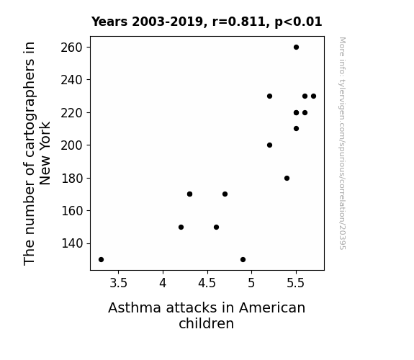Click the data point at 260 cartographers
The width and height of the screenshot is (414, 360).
pos(296,48)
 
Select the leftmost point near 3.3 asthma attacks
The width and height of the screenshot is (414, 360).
pos(101,260)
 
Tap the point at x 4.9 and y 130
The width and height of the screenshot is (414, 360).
pos(243,260)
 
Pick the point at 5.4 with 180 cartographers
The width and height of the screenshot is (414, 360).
pos(287,179)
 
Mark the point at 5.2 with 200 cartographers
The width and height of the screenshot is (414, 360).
pos(269,145)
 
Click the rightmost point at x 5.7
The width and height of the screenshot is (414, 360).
pos(314,96)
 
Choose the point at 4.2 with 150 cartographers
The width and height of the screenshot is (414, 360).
pos(181,227)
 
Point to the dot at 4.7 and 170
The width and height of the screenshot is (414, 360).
pos(225,194)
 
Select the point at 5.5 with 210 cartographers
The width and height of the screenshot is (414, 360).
pos(296,129)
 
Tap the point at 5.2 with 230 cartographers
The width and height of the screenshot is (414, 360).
pos(269,96)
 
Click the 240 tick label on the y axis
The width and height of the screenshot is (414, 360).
pos(72,80)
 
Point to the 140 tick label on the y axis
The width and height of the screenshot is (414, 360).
pos(72,243)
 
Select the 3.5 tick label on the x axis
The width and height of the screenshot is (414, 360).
pos(118,284)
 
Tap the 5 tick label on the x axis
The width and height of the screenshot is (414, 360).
pos(251,284)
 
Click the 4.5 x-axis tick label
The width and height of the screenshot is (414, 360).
pos(207,284)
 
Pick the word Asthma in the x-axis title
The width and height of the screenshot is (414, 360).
pos(135,307)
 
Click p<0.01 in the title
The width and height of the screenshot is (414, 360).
pos(298,22)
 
